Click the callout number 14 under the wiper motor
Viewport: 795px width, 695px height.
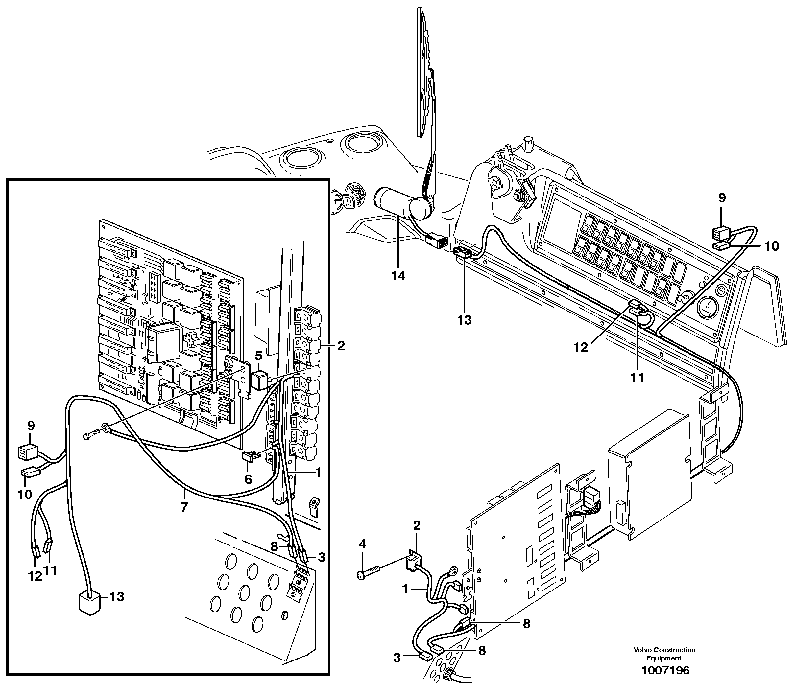(x=398, y=276)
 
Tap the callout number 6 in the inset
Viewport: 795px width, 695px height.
(x=248, y=479)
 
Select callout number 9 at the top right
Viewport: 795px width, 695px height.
(x=722, y=198)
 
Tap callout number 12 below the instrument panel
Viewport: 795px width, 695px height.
(x=581, y=348)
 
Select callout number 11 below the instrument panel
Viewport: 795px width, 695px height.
(x=637, y=377)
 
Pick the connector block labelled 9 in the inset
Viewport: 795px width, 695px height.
(x=27, y=452)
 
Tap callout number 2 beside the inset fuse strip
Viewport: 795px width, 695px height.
(x=341, y=346)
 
